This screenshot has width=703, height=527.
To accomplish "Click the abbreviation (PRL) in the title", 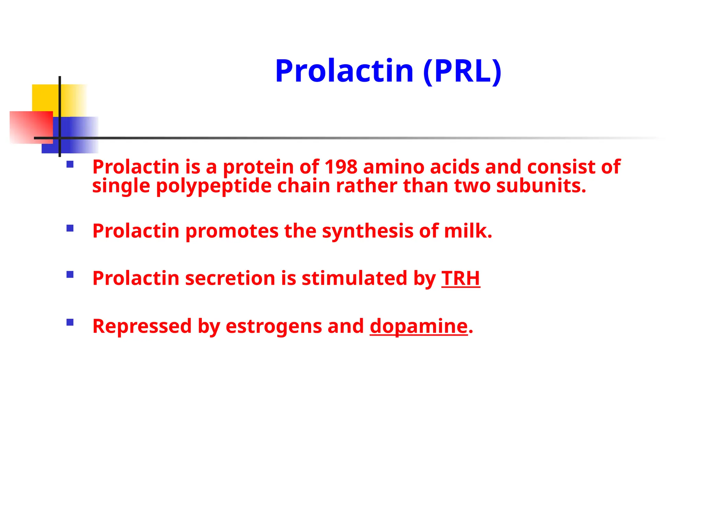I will tap(462, 71).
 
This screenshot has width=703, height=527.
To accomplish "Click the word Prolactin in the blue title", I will tap(344, 71).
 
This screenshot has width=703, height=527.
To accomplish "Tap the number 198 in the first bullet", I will tap(341, 167).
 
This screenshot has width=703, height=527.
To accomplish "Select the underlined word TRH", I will tap(460, 278).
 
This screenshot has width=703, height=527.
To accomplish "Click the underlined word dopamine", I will tap(418, 326).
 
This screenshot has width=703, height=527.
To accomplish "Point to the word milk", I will tap(468, 231).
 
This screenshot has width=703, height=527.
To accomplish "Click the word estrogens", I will tap(274, 326).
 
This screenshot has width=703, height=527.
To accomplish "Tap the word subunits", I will tap(541, 186).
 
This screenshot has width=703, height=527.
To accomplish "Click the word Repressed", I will tap(142, 326).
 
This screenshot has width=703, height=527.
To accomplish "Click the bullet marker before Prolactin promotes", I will tap(70, 228).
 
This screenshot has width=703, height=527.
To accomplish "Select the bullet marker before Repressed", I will tap(70, 322).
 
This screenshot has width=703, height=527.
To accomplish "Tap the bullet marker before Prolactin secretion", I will tap(70, 274).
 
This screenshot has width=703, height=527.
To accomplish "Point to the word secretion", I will tap(230, 278).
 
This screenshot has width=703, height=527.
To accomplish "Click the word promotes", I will tap(232, 231).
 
